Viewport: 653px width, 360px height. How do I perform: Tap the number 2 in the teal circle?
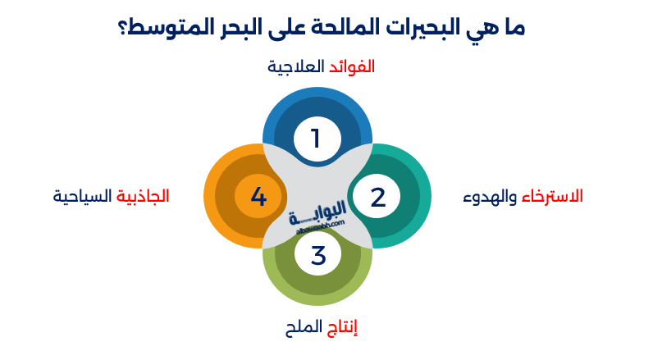[377, 197]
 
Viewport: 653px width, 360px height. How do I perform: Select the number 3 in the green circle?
[318, 255]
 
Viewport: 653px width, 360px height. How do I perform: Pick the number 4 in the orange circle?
[258, 197]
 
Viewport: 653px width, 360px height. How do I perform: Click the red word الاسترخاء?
[553, 197]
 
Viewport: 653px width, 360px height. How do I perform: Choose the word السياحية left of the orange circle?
[82, 197]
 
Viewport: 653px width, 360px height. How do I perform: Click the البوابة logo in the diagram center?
[318, 216]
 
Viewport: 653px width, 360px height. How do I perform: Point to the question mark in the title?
[124, 27]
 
